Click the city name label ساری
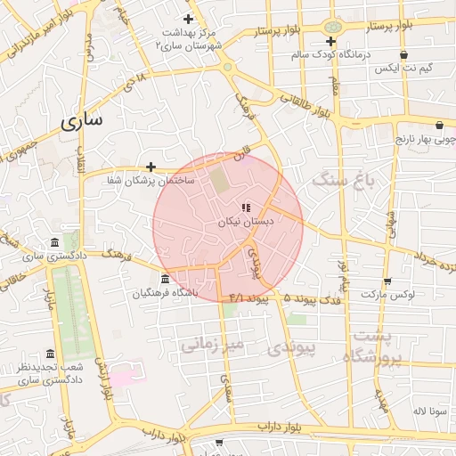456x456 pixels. pos(82,122)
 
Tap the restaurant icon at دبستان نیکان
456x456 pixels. pos(246,208)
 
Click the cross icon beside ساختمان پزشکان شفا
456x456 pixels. pos(151,167)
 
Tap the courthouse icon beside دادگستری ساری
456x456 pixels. pos(56,243)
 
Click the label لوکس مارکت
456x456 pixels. pos(387,293)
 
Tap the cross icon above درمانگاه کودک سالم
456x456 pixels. pos(330,41)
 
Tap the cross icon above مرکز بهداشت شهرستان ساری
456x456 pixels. pos(188,19)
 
